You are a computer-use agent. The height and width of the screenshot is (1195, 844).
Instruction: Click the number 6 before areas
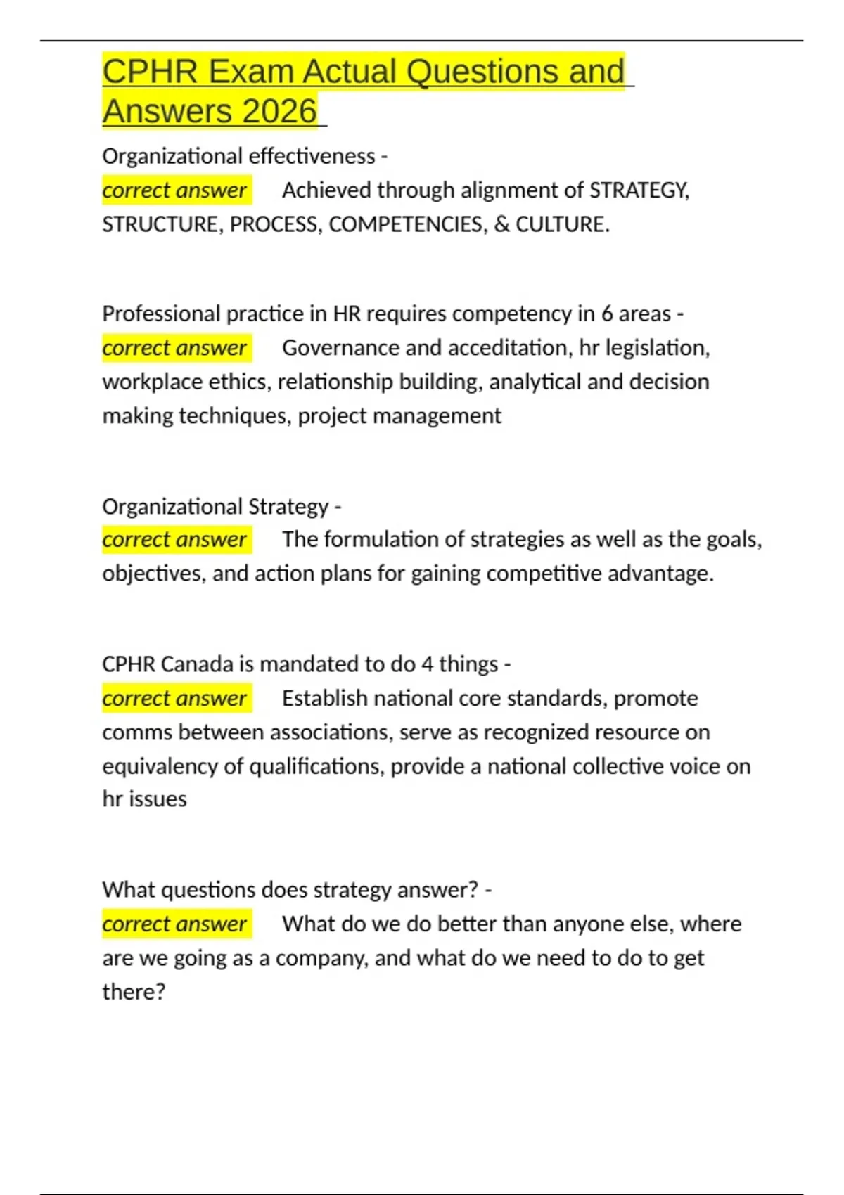tap(606, 314)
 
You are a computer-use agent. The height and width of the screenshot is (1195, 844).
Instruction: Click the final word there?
tap(134, 992)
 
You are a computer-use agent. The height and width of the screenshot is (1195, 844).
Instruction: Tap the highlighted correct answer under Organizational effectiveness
tap(174, 190)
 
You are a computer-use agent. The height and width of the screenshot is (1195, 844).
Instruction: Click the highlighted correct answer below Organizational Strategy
tap(174, 539)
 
